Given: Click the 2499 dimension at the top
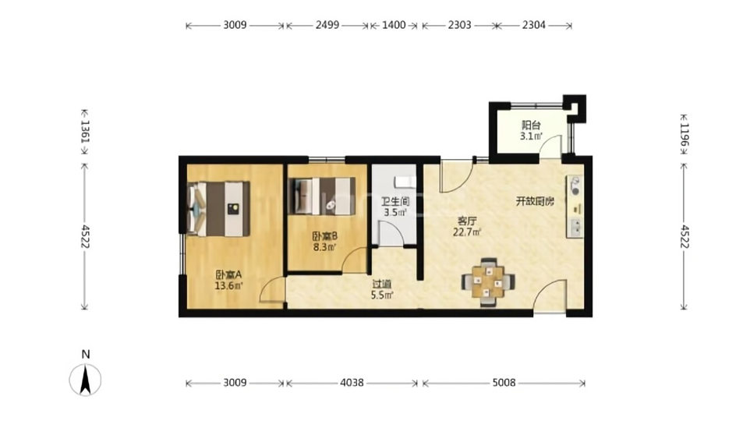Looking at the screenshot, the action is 327,25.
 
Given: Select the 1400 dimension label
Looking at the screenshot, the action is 394,25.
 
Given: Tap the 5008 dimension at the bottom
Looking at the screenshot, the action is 504,383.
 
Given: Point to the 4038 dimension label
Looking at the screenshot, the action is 352,383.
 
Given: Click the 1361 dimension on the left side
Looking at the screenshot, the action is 85,131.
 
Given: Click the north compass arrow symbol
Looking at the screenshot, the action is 85,380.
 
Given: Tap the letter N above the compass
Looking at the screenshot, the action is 86,355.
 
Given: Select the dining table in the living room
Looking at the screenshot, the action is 488,281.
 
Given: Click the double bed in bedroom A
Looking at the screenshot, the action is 219,209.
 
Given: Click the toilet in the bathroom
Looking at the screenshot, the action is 404,182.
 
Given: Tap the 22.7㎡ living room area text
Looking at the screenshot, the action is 467,232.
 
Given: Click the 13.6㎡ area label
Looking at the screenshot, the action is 228,286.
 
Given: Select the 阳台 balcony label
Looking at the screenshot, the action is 531,126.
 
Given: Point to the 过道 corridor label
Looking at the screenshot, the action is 382,284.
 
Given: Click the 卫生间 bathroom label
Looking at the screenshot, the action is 395,202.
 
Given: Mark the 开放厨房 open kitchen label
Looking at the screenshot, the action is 535,201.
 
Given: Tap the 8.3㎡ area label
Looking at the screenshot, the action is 325,247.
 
